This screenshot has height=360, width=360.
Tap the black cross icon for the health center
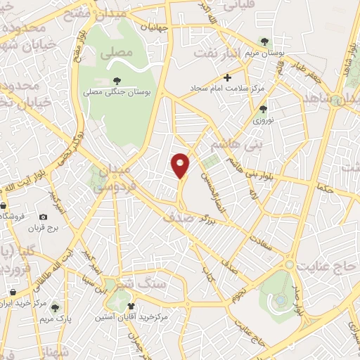click(x=226, y=78)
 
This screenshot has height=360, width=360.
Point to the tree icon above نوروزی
click(x=263, y=109)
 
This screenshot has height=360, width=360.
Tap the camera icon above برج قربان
click(x=44, y=218)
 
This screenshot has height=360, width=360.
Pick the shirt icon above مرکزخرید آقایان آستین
click(x=131, y=306)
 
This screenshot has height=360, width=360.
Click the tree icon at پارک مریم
click(x=55, y=308)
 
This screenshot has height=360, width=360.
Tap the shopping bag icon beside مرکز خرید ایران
click(x=13, y=291)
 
